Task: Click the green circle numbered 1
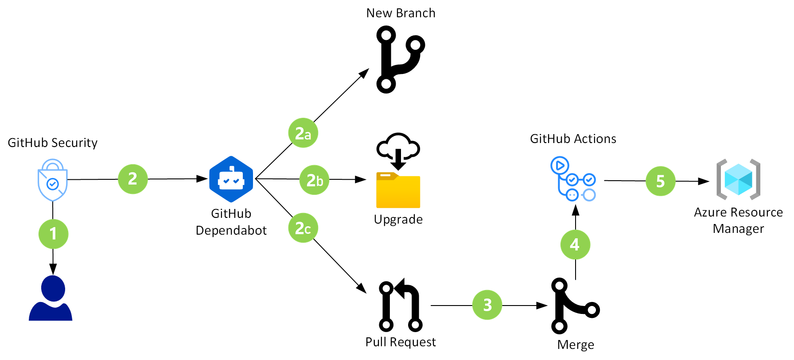click(53, 234)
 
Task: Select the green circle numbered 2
click(132, 179)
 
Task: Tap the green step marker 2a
click(303, 133)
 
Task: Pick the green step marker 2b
click(315, 180)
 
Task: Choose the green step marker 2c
click(303, 228)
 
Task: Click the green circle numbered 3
click(487, 305)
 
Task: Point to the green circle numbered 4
click(575, 244)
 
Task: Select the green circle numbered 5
click(660, 181)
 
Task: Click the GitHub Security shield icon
click(52, 180)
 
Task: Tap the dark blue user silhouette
click(51, 298)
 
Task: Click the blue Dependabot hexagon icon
click(231, 179)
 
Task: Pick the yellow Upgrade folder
click(398, 190)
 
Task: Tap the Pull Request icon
click(401, 306)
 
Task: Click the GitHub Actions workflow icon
click(572, 179)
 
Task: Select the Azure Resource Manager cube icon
click(738, 179)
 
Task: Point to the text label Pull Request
click(401, 342)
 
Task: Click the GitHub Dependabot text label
click(231, 222)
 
